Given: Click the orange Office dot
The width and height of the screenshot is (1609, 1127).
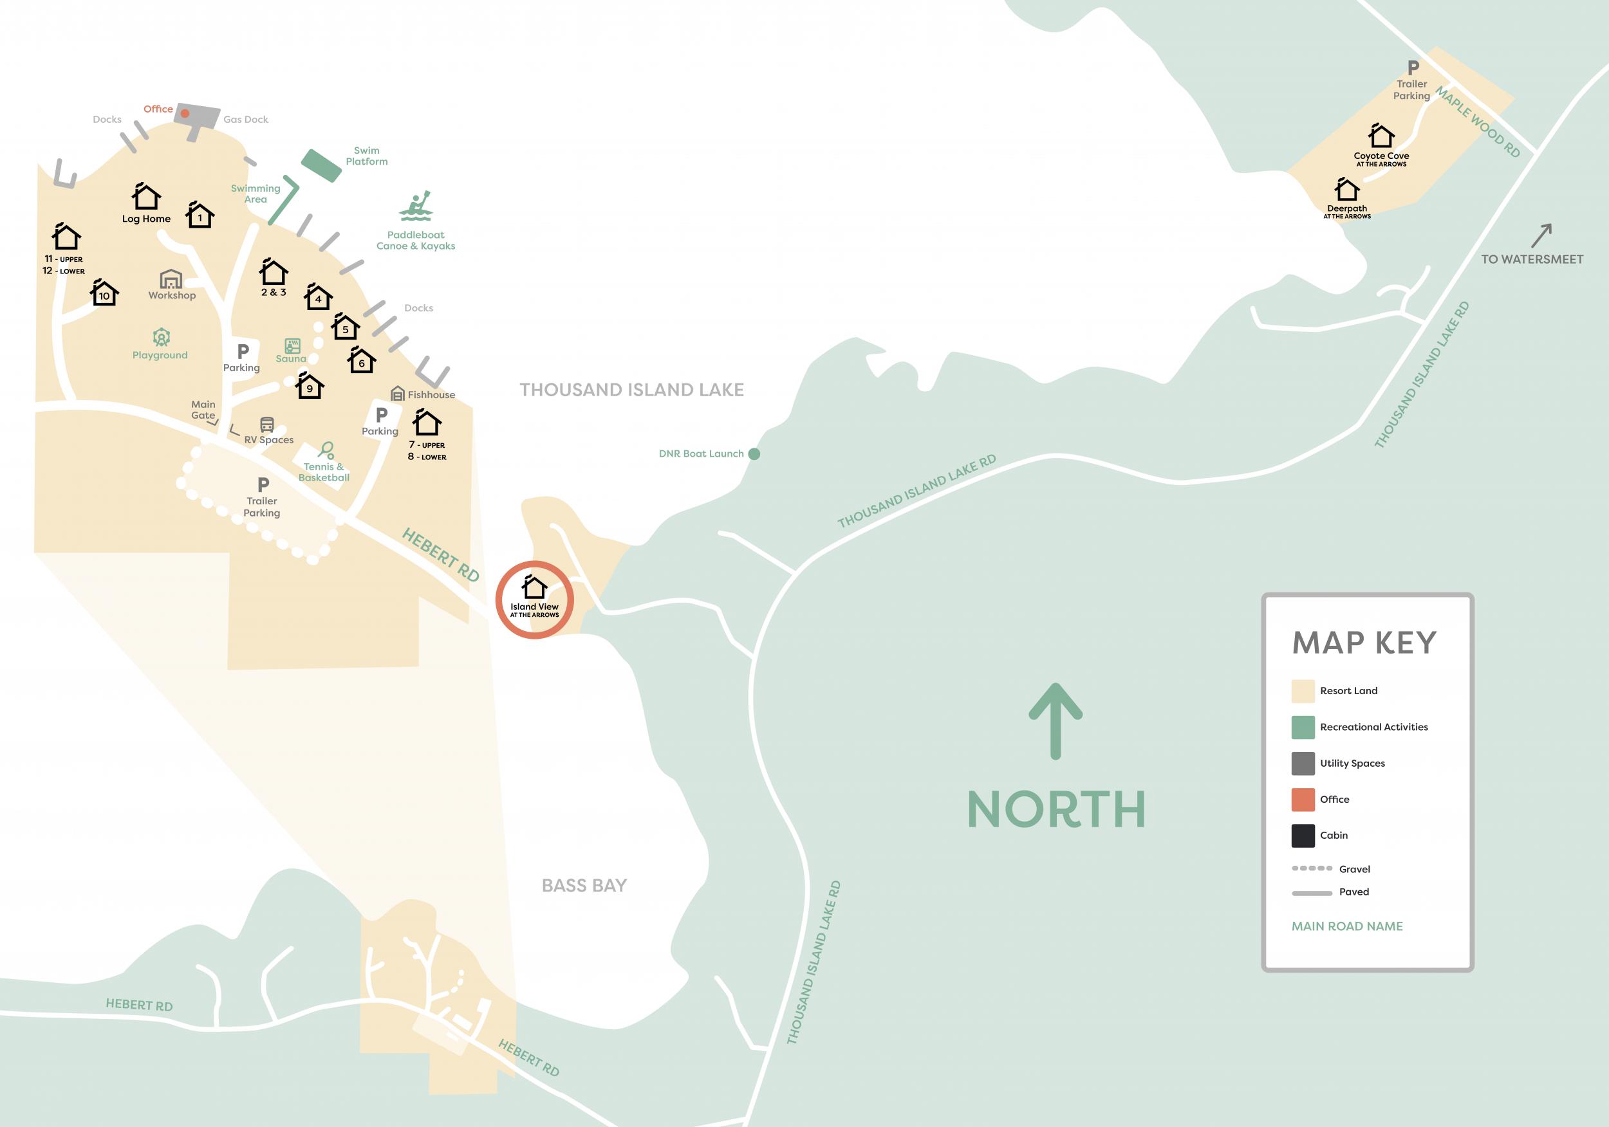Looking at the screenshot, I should pos(185,113).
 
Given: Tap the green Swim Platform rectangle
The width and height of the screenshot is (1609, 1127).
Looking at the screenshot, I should pos(321,166).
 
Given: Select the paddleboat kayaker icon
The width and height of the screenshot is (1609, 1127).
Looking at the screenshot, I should pos(416,206).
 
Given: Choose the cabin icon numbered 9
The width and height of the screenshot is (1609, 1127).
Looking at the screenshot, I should pos(309,385).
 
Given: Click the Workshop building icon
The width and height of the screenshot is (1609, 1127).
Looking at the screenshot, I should pos(171,279).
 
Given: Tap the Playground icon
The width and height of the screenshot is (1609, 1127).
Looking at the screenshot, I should pos(161,338).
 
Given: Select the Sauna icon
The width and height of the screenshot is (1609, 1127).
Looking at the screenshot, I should pos(292,345).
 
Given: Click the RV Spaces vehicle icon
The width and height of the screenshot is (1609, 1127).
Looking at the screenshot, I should pos(267,425).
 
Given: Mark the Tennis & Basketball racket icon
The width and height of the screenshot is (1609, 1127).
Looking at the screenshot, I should pos(326,450).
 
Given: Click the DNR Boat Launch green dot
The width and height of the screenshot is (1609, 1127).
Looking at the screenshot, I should pos(754,454).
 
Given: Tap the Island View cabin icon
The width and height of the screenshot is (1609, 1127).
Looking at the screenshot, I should pos(535,587).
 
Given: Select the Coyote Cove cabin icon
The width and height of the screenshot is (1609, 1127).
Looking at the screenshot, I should pos(1381,136).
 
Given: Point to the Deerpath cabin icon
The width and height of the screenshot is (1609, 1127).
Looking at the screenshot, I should pos(1346,189).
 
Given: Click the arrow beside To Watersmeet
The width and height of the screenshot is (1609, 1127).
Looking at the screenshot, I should pos(1541,235).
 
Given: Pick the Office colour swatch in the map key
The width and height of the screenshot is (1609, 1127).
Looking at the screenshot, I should pos(1303,799).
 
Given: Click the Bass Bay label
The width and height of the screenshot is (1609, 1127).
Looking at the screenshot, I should pos(584,885).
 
